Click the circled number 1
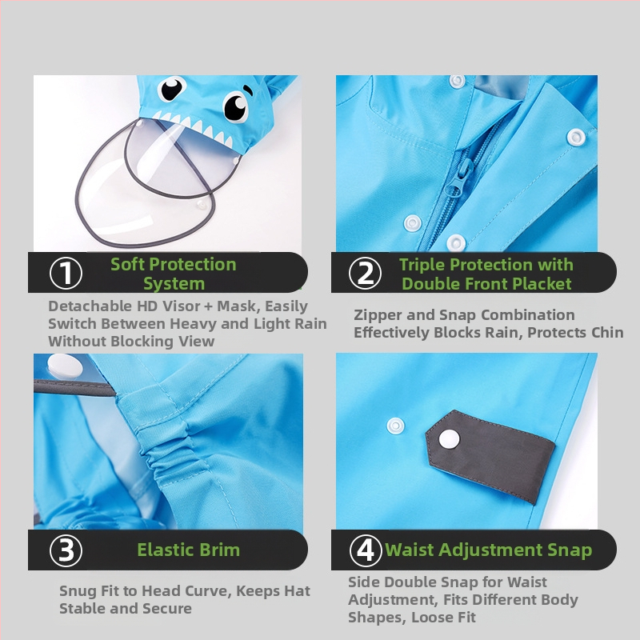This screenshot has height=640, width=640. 66,273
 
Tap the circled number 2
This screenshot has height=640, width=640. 366,273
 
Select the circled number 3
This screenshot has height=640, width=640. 66,550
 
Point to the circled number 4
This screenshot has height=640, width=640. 366,550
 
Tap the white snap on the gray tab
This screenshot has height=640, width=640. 449,439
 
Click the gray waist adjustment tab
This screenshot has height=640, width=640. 490,456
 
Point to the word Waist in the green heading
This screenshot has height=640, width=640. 410,550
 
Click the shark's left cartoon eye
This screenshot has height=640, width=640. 171,89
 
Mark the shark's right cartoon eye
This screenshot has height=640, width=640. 235,107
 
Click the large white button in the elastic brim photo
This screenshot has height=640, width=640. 65,366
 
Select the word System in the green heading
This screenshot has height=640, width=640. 174,284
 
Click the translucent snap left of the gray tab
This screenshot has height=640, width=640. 395,426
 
